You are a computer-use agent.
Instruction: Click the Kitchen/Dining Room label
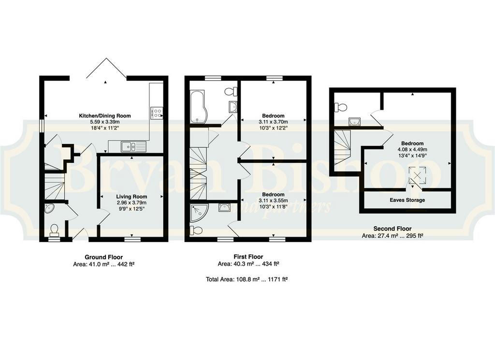coord(105,116)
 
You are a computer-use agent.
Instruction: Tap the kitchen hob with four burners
coord(157,113)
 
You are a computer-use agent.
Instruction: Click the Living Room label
coord(131,197)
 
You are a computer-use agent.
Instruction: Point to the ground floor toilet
coord(54,230)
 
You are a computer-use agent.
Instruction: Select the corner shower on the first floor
coord(199,212)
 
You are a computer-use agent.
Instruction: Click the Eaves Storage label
coord(407,200)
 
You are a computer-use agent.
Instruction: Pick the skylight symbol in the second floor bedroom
coord(417,175)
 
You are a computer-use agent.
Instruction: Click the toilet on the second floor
coord(340,107)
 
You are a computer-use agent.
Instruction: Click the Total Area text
coord(247,279)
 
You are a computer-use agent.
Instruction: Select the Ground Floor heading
coord(103,257)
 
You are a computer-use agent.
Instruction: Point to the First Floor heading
coord(248,257)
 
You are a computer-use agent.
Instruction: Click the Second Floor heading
coord(393,229)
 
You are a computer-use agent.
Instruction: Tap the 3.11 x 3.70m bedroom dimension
coord(274,122)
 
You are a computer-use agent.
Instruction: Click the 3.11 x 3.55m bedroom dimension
coord(274,201)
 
